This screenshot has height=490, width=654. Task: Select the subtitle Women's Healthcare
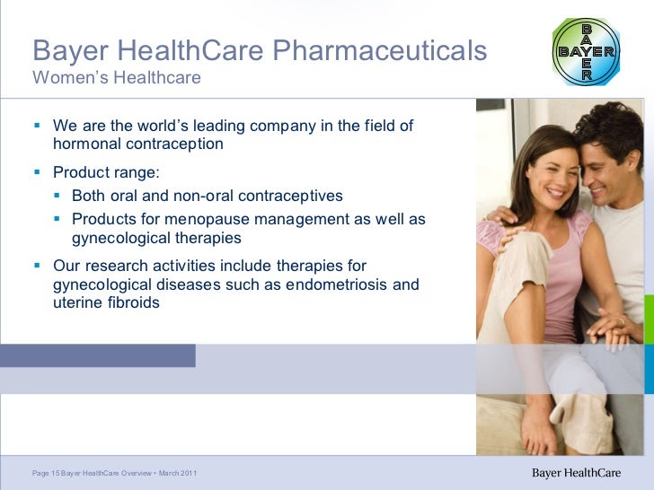coord(116,79)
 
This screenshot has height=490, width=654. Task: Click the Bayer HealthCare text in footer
coord(578,473)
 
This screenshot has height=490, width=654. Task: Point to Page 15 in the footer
coord(45,473)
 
